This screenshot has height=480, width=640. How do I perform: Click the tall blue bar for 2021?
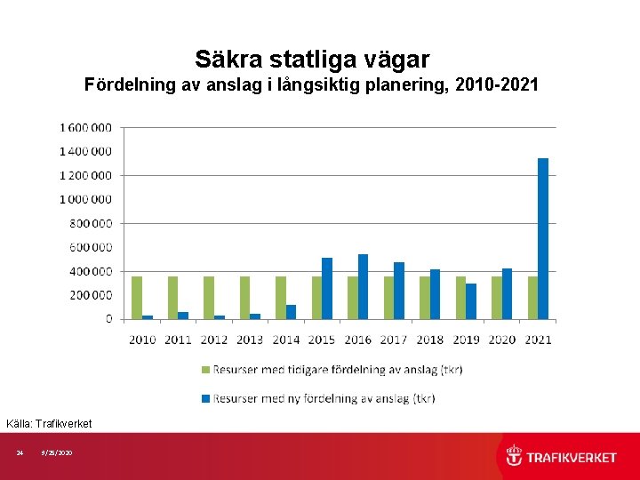tap(543, 238)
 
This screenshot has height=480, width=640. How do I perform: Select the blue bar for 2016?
tap(363, 286)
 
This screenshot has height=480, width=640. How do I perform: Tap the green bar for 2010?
tap(137, 297)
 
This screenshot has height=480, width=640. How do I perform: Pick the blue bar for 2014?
tap(291, 311)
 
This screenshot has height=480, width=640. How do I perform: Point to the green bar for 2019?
tap(460, 297)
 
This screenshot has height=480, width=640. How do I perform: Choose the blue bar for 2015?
tap(327, 288)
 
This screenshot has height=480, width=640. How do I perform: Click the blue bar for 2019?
tap(471, 300)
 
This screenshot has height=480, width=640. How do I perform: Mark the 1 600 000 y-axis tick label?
tap(85, 127)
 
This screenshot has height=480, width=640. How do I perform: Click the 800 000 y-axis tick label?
tap(92, 223)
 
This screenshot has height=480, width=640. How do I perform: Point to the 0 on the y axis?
tap(109, 318)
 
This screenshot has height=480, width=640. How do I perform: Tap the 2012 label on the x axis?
tap(214, 339)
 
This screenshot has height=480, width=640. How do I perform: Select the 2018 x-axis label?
tap(430, 339)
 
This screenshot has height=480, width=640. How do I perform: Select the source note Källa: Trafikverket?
tap(49, 423)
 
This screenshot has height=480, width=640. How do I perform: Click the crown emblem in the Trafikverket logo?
tap(515, 456)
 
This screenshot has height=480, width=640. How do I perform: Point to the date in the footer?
tap(57, 453)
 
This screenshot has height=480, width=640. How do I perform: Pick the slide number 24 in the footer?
tap(20, 453)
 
